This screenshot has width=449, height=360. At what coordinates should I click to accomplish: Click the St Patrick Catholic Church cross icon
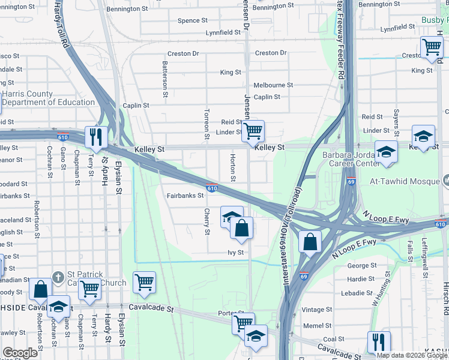tap(58, 277)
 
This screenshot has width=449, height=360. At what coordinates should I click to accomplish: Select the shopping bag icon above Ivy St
tap(241, 228)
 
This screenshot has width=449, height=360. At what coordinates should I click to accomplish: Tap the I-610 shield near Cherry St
tap(211, 188)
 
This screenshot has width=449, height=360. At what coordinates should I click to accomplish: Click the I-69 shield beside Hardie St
tap(304, 277)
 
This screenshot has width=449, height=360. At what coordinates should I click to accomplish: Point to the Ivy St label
tap(235, 253)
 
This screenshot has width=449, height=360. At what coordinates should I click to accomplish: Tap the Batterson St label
tap(164, 79)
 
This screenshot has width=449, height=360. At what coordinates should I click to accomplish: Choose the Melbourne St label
tap(273, 85)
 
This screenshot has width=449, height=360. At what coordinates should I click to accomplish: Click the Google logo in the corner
tap(20, 353)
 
